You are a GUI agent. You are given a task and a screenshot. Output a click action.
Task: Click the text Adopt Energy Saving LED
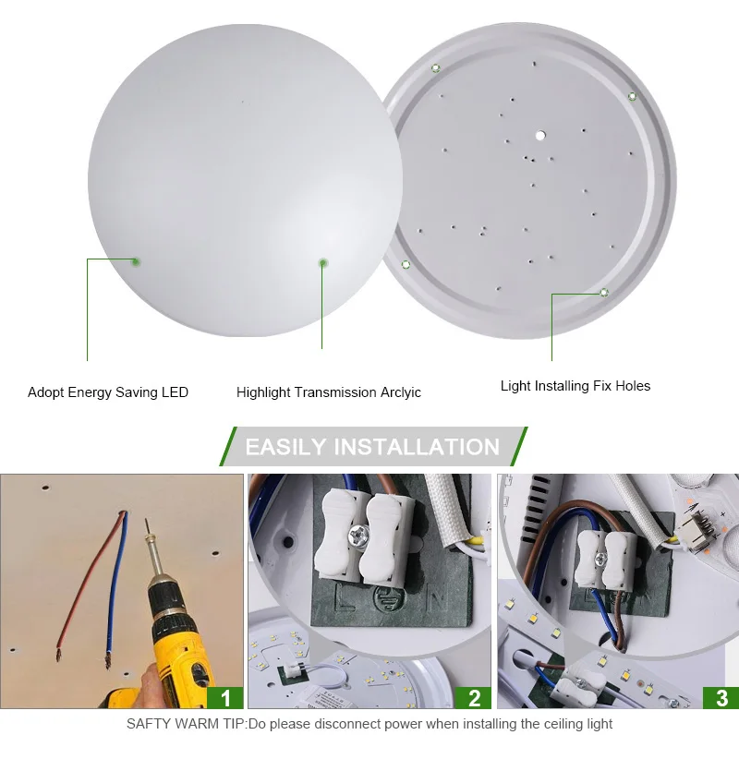click(x=108, y=392)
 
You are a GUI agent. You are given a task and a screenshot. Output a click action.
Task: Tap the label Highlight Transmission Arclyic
click(x=328, y=392)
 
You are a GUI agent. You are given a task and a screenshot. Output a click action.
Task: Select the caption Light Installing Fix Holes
click(x=575, y=386)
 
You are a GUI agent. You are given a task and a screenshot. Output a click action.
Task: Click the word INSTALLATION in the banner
click(x=417, y=447)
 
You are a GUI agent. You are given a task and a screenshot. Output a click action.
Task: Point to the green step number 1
click(x=225, y=698)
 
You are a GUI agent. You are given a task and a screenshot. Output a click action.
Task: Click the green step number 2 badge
click(x=474, y=698)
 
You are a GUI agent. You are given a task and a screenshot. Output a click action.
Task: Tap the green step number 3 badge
click(x=721, y=698)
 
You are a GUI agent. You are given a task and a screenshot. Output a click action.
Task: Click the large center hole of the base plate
click(x=540, y=136)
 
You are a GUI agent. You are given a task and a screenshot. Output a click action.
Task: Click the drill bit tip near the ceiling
click(x=146, y=521)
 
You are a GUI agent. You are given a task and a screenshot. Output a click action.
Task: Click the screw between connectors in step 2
click(x=358, y=535)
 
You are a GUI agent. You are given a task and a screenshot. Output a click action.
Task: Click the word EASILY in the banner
click(x=285, y=447)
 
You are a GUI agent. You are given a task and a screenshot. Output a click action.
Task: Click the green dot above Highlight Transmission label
click(x=322, y=263)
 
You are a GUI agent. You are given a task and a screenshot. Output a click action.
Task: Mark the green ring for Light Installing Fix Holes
click(x=604, y=293)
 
